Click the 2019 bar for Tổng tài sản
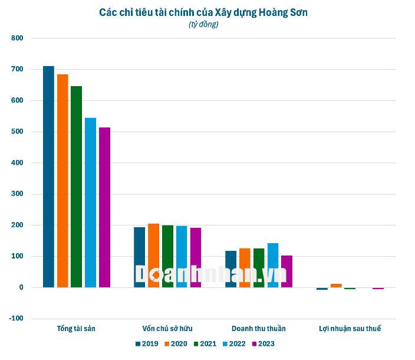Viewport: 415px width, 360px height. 48,176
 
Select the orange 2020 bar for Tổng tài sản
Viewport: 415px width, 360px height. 62,181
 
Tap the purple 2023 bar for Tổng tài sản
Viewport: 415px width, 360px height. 104,207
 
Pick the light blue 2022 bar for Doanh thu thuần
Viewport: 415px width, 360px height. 273,265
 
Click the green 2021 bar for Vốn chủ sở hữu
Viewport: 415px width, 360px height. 167,256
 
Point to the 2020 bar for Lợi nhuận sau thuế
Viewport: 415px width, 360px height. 336,286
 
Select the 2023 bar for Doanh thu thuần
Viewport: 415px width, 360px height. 287,271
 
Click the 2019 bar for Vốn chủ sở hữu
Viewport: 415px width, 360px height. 139,257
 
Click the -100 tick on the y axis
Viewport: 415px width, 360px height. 16,319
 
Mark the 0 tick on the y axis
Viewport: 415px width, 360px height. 20,287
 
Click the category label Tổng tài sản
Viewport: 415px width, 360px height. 76,329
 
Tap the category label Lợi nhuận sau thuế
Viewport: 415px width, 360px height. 350,329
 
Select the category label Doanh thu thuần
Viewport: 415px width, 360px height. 259,329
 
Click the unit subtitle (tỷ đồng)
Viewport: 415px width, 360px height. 203,24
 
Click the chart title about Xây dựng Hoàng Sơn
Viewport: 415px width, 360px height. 203,11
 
